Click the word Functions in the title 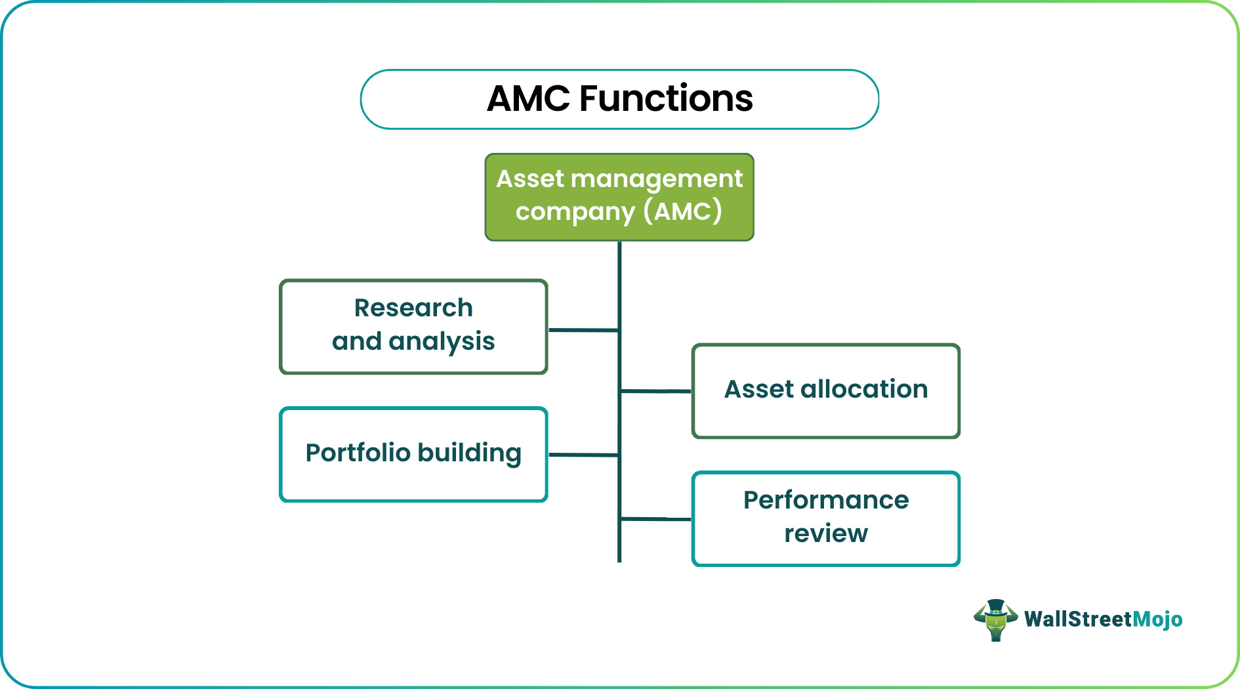click(x=666, y=99)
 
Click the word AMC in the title click(x=528, y=99)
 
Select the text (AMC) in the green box click(x=682, y=211)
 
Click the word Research click(x=413, y=308)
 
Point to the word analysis click(x=442, y=341)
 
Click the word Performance click(x=826, y=500)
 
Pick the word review click(x=826, y=533)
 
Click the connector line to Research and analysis click(x=583, y=330)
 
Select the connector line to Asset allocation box click(x=655, y=391)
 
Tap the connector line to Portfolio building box click(x=583, y=455)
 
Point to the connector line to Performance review click(x=655, y=519)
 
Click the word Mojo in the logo click(x=1157, y=619)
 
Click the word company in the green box click(x=575, y=212)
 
